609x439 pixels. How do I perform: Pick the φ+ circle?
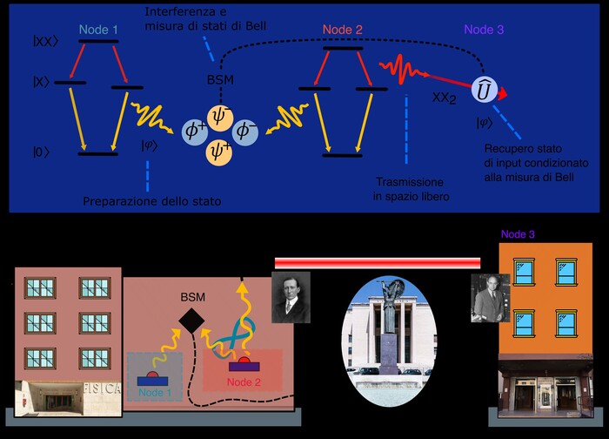[x=194, y=132]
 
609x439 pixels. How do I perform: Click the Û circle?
[x=484, y=89]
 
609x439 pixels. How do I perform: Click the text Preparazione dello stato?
[x=152, y=202]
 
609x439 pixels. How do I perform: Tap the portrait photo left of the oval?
[x=291, y=297]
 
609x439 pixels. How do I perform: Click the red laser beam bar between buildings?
[x=378, y=262]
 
